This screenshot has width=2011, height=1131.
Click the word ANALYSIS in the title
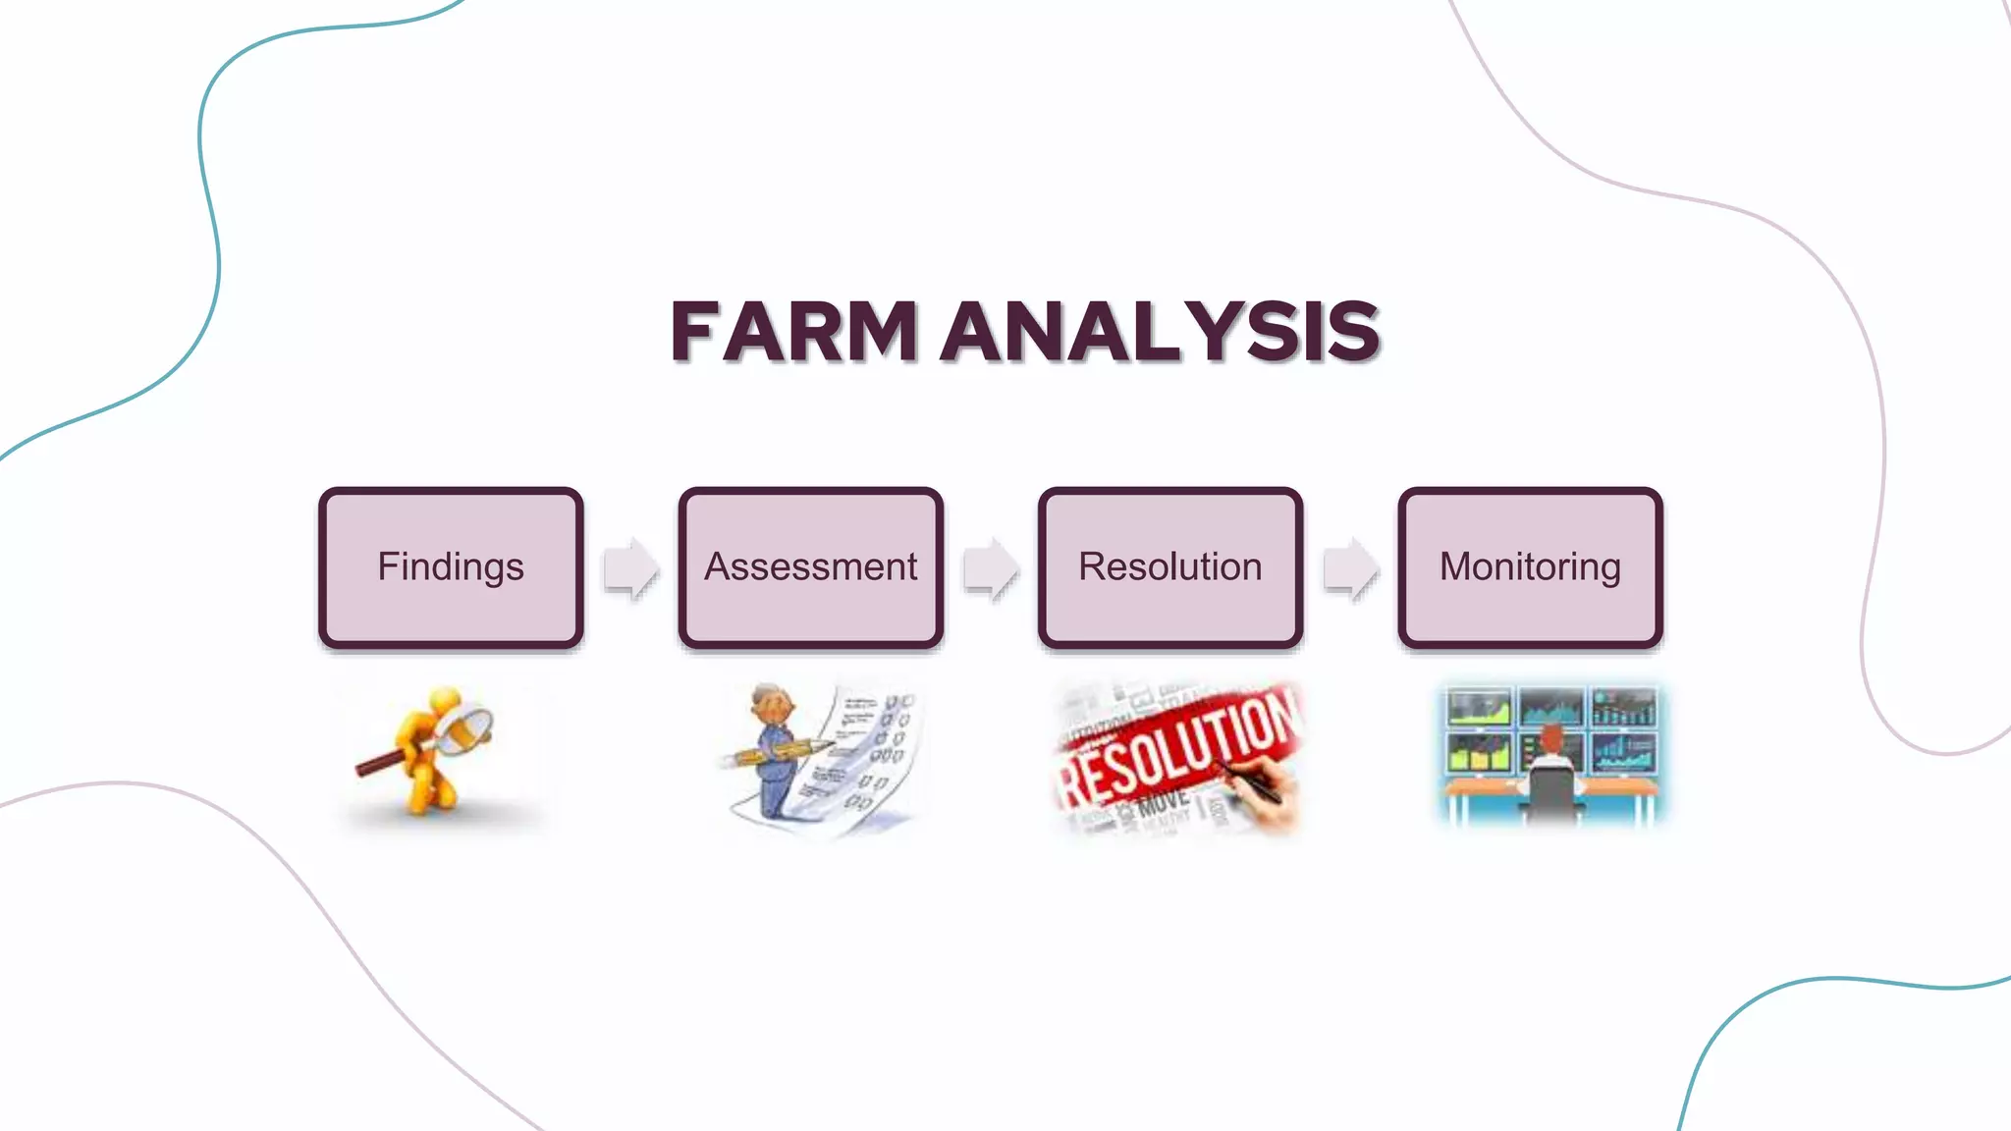coord(1161,332)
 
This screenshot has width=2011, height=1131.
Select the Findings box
coord(451,567)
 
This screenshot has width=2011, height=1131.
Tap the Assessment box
coord(810,567)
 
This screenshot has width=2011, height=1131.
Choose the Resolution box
coord(1169,567)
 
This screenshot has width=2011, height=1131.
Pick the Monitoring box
coord(1530,567)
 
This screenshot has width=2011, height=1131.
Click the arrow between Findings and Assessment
coord(630,568)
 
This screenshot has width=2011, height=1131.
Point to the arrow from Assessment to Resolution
coord(991,568)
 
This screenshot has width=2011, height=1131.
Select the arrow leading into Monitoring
coord(1350,568)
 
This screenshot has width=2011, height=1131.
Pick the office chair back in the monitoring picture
coord(1550,790)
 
